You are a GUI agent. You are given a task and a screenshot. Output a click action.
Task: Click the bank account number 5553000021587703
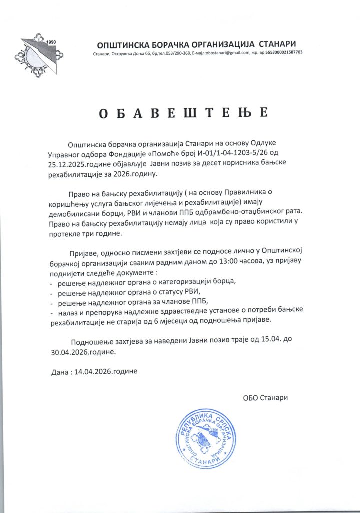(284, 53)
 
